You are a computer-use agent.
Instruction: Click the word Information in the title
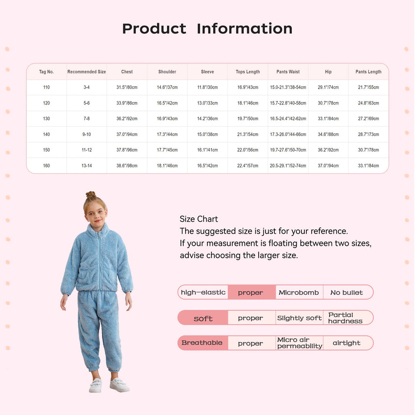pyautogui.click(x=244, y=29)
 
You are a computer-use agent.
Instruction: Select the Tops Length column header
pyautogui.click(x=248, y=72)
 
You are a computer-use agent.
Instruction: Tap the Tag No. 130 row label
pyautogui.click(x=46, y=119)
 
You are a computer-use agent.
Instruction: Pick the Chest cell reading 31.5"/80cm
pyautogui.click(x=127, y=88)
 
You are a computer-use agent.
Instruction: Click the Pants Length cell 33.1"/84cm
pyautogui.click(x=368, y=166)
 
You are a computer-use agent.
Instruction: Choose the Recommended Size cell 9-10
pyautogui.click(x=86, y=135)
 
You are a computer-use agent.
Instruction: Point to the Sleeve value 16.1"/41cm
pyautogui.click(x=207, y=150)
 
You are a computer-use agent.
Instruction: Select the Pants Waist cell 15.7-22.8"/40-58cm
pyautogui.click(x=288, y=103)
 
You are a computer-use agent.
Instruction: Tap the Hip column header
pyautogui.click(x=328, y=72)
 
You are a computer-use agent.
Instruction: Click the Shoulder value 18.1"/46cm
pyautogui.click(x=167, y=166)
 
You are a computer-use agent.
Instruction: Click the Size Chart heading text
pyautogui.click(x=199, y=219)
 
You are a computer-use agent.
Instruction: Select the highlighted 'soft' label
pyautogui.click(x=203, y=318)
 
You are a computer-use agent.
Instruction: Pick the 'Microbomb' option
pyautogui.click(x=299, y=293)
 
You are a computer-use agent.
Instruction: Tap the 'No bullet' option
pyautogui.click(x=347, y=293)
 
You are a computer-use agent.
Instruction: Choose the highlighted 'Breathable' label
pyautogui.click(x=202, y=343)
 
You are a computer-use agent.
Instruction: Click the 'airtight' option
pyautogui.click(x=347, y=343)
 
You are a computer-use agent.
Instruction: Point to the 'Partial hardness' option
pyautogui.click(x=345, y=318)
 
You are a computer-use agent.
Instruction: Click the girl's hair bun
pyautogui.click(x=91, y=195)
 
